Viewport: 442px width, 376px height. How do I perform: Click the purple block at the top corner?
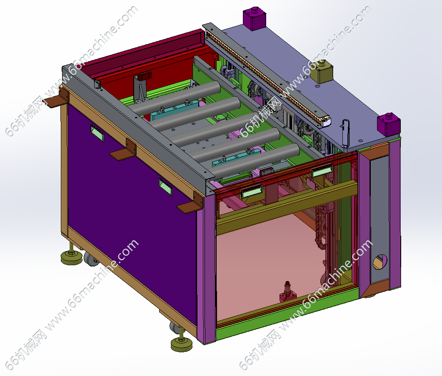(x=255, y=18)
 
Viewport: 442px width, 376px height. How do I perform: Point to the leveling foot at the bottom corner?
(x=182, y=342)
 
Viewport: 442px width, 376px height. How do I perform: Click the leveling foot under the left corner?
(x=71, y=255)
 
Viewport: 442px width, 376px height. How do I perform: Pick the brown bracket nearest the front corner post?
(x=190, y=204)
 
